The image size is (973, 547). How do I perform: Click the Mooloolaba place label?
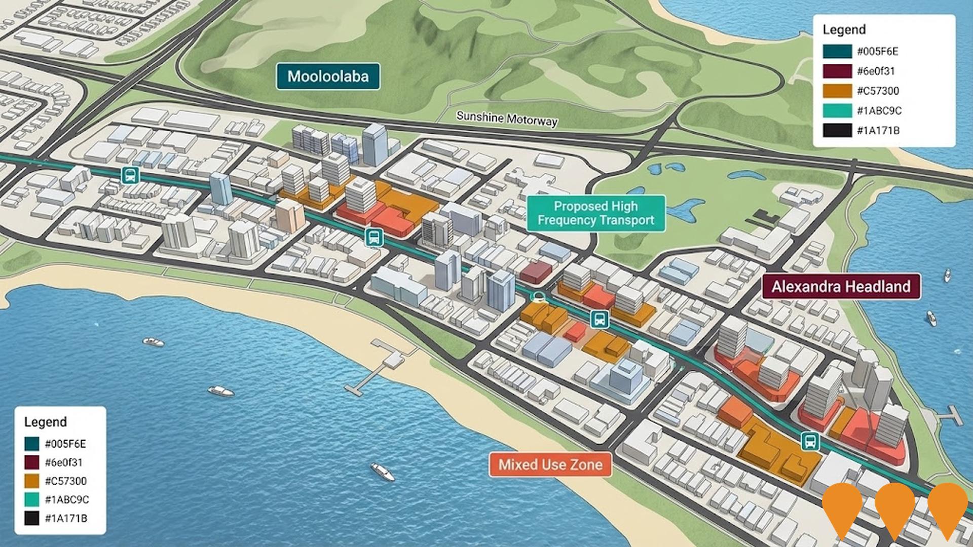point(328,76)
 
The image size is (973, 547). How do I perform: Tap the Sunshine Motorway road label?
point(507,119)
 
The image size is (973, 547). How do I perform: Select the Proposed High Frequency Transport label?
point(595,213)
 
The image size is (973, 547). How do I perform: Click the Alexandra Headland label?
point(841,287)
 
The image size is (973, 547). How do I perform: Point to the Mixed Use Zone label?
point(550,464)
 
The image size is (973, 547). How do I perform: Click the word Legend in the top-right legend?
point(844,30)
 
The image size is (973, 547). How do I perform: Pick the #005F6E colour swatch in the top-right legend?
point(837,52)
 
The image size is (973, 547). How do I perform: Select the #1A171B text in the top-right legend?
point(878,131)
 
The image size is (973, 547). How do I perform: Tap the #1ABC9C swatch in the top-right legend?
point(837,111)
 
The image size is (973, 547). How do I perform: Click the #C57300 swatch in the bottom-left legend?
point(32,481)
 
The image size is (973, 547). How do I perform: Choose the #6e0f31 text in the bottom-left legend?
point(63,462)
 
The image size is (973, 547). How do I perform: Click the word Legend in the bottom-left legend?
point(46,422)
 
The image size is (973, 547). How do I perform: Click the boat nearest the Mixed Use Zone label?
point(383,471)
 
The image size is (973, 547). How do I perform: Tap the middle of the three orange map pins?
point(894,506)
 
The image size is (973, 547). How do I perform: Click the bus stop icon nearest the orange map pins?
point(810,441)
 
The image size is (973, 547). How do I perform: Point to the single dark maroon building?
point(535,271)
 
